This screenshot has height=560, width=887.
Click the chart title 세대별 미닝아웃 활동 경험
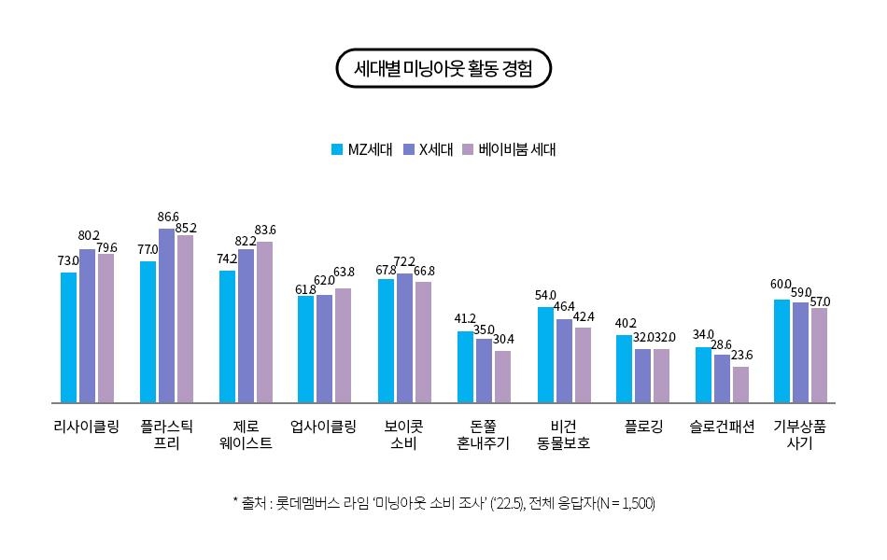click(x=443, y=68)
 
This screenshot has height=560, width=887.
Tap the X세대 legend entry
click(x=429, y=149)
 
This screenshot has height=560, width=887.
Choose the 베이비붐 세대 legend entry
click(x=510, y=149)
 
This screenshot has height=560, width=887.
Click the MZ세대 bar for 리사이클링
click(x=68, y=337)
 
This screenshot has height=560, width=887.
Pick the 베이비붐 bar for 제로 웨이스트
click(x=264, y=322)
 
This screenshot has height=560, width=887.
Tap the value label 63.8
click(x=344, y=272)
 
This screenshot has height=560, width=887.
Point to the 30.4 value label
click(x=502, y=338)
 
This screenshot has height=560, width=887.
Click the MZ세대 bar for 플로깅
click(x=624, y=369)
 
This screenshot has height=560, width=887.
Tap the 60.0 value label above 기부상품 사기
click(x=781, y=284)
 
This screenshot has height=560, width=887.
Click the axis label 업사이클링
click(x=324, y=427)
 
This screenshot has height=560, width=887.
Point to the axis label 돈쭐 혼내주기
click(x=483, y=435)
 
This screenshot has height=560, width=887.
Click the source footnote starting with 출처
click(x=443, y=503)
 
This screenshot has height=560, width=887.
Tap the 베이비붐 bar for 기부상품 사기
click(x=819, y=355)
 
